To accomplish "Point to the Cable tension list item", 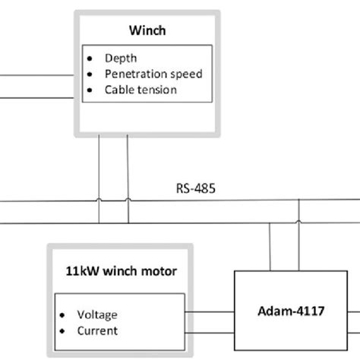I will [141, 90].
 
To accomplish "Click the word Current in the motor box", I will [97, 330].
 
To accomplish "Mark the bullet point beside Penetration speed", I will [91, 74].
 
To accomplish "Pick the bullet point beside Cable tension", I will [91, 90].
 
